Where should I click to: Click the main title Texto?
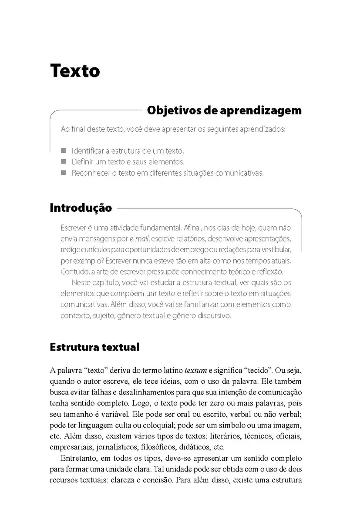(x=75, y=70)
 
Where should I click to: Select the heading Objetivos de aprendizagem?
(x=224, y=110)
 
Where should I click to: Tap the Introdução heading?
(x=81, y=208)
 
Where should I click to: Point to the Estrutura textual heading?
(x=94, y=347)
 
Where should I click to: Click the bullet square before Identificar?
(x=64, y=151)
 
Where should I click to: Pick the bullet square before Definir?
(x=64, y=162)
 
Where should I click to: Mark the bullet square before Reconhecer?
(x=64, y=173)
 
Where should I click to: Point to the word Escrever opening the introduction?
(x=75, y=228)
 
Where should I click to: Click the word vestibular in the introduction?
(x=274, y=250)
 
